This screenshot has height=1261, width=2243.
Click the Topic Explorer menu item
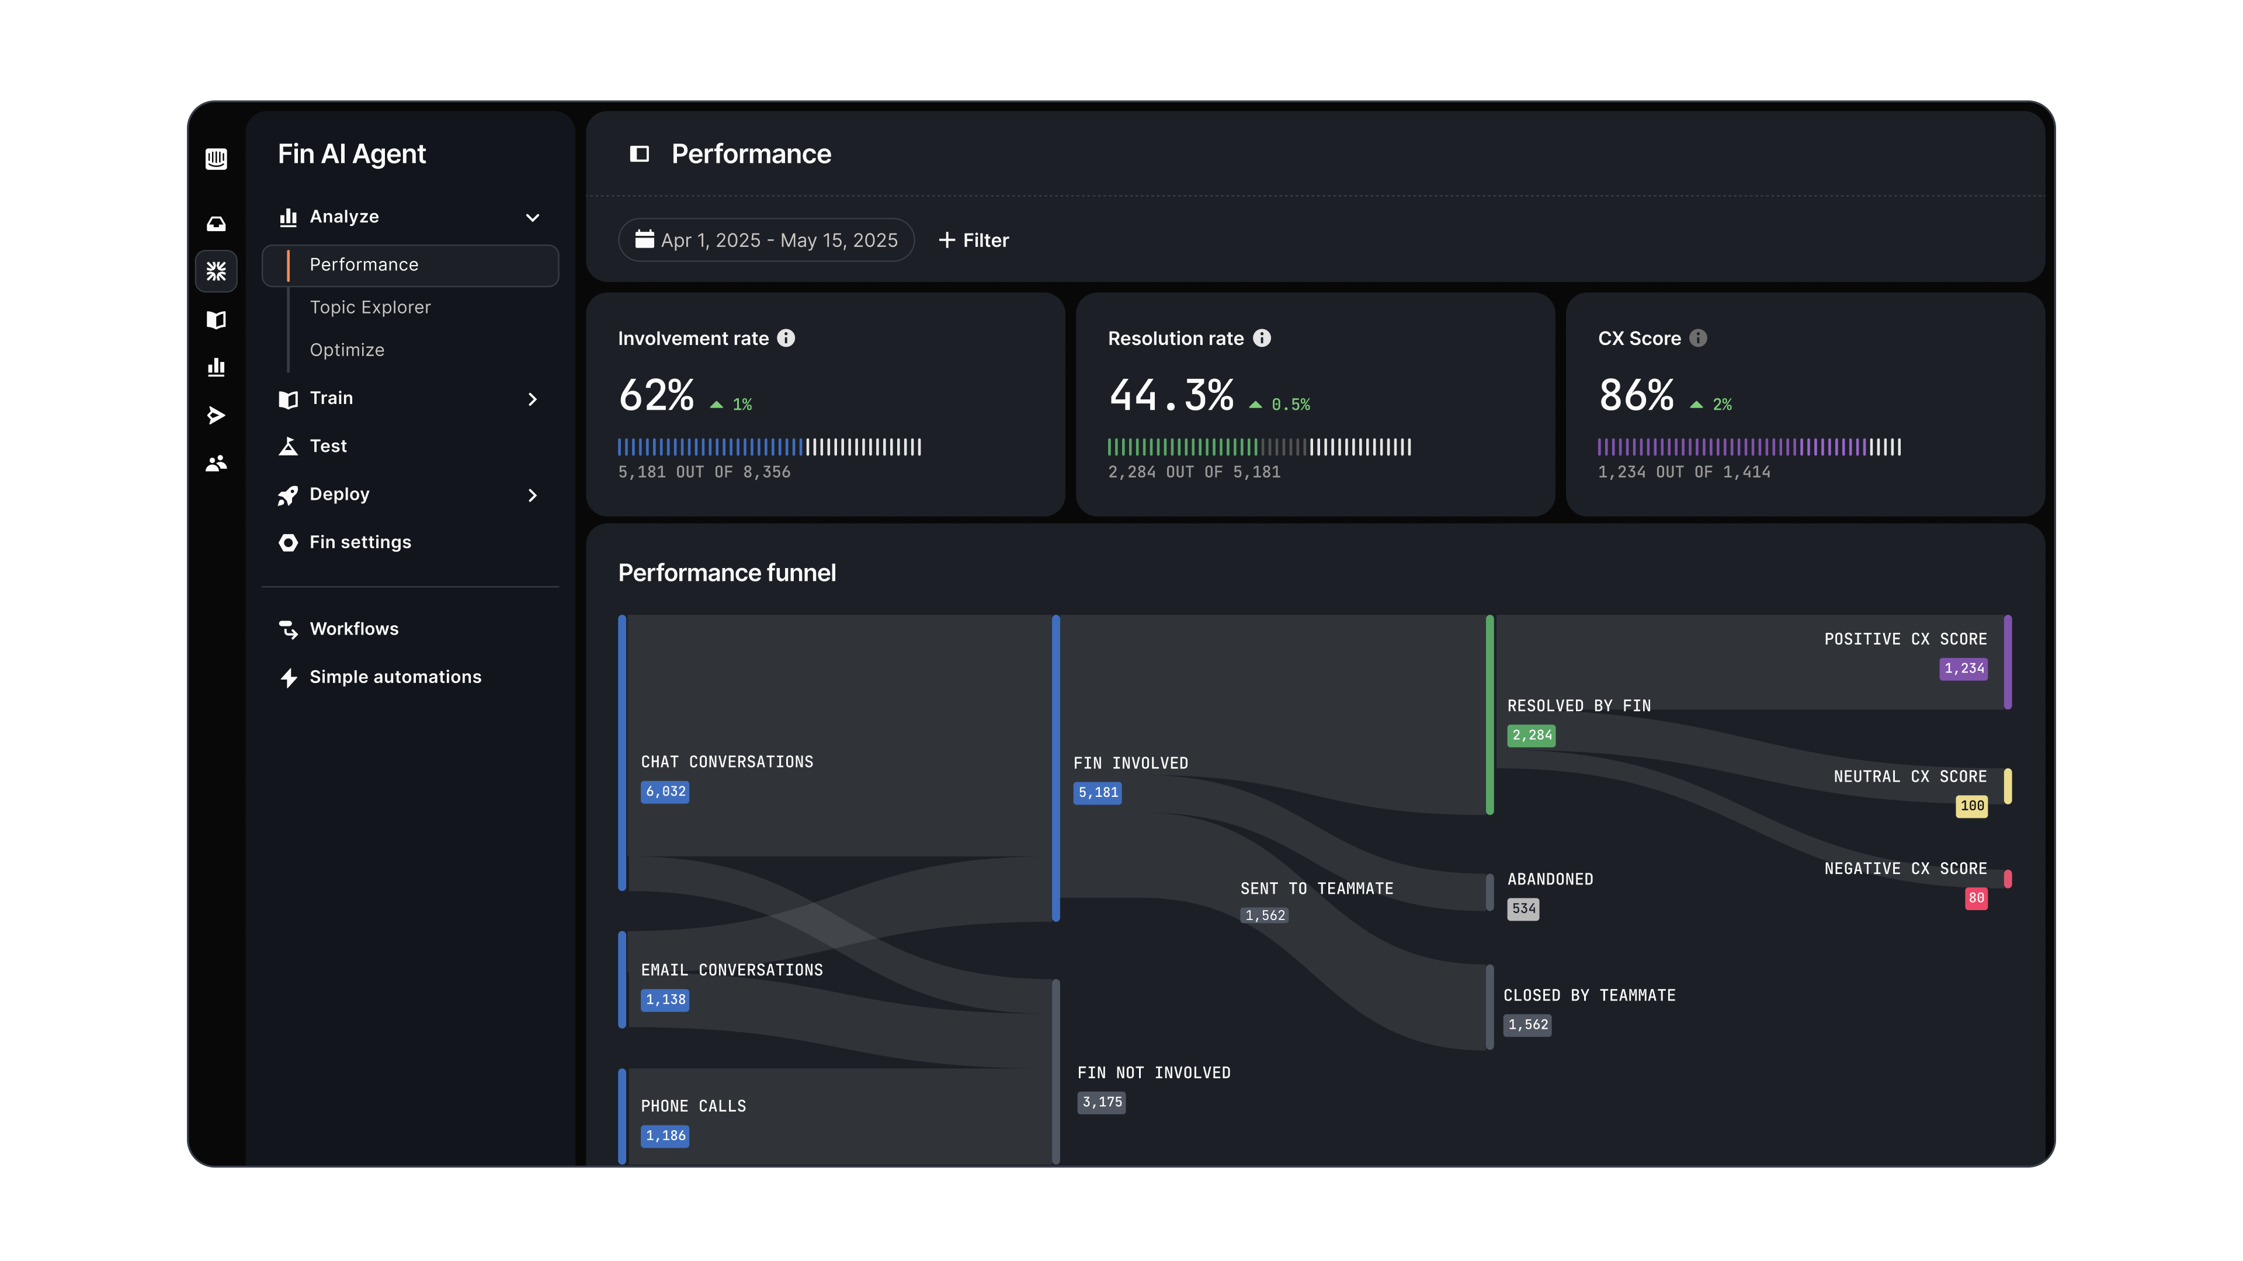pos(370,307)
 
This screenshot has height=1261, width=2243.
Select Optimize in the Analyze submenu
pos(346,350)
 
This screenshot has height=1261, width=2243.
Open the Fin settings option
pos(360,542)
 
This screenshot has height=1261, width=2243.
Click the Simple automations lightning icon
pos(288,677)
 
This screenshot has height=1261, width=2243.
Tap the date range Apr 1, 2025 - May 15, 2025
pos(766,240)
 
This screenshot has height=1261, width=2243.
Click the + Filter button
pos(974,240)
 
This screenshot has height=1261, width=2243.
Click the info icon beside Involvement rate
pos(786,339)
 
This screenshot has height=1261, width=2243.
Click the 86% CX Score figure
pos(1636,395)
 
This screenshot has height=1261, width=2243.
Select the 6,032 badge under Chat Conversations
pos(665,791)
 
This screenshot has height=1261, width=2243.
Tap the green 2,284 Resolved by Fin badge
pos(1532,736)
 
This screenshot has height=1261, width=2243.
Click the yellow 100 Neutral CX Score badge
pos(1971,806)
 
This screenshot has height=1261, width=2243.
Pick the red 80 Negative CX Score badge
pos(1975,898)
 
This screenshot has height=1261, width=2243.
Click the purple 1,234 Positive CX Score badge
pos(1963,668)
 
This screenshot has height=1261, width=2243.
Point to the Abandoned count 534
pos(1523,908)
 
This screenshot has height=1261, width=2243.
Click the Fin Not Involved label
pos(1154,1073)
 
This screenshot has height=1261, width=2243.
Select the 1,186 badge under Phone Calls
pos(665,1135)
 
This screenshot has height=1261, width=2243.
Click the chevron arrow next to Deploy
pos(533,495)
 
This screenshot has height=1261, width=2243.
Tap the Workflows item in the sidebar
pos(353,629)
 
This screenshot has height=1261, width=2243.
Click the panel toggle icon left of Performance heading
pos(639,154)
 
